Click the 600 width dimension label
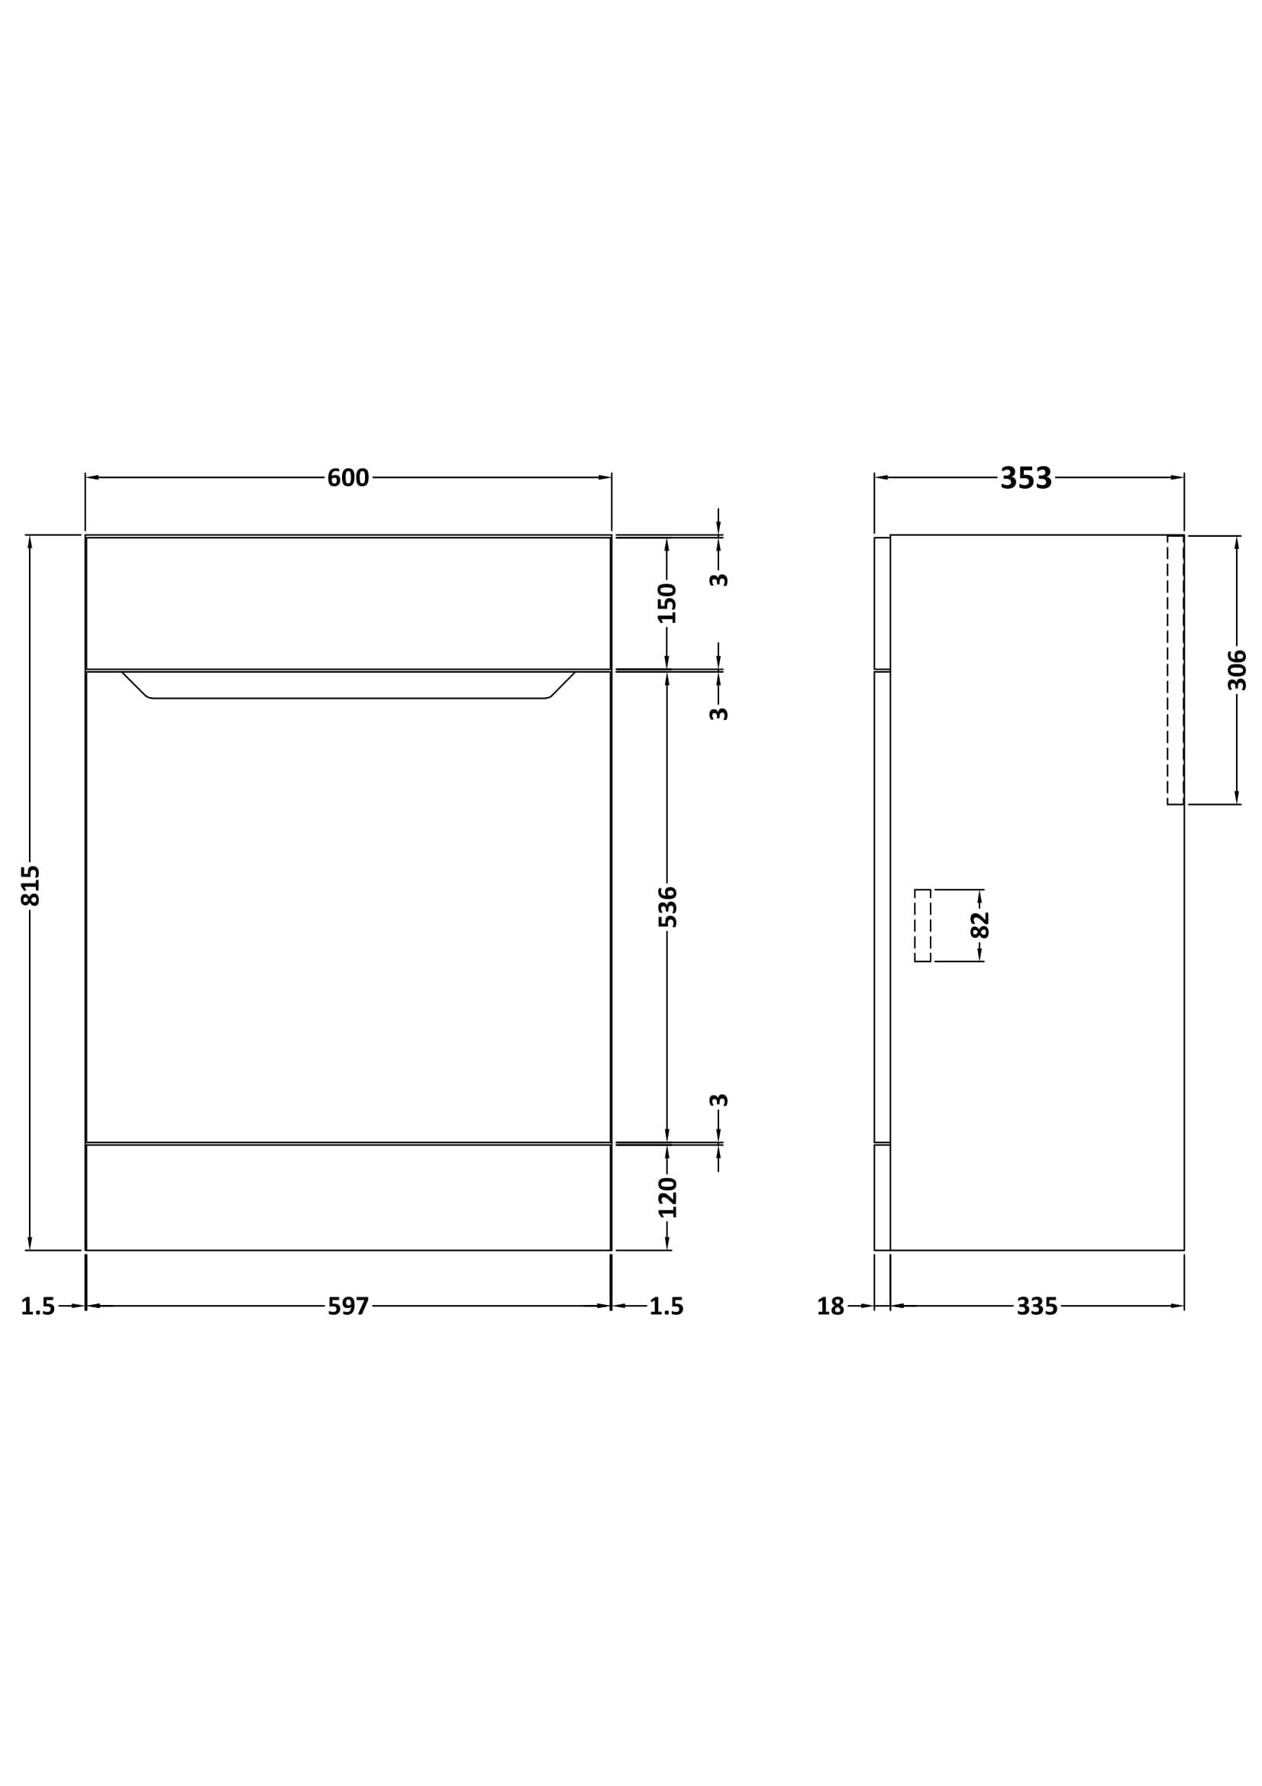click(347, 477)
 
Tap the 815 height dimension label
click(31, 885)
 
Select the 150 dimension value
click(667, 603)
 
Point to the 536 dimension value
click(667, 906)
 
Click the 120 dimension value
click(667, 1197)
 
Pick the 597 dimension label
click(347, 1306)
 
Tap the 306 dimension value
click(1236, 670)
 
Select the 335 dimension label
click(1038, 1306)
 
